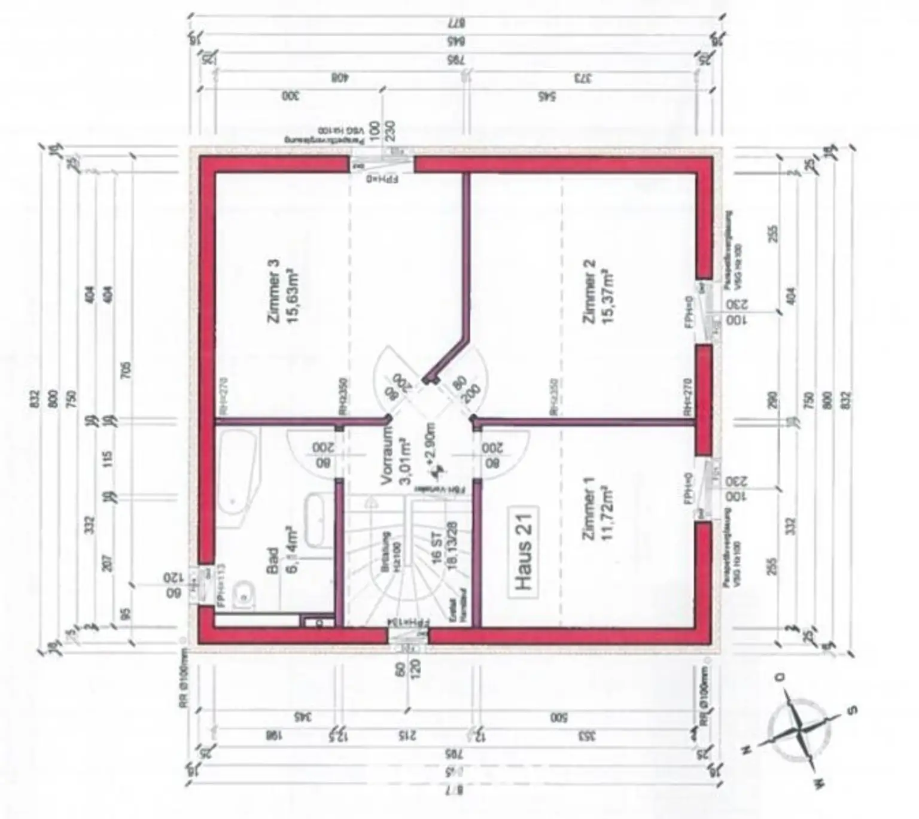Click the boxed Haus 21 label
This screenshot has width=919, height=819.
point(524,553)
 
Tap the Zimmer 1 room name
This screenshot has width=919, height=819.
point(589,508)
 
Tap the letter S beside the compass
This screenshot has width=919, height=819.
point(852,710)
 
